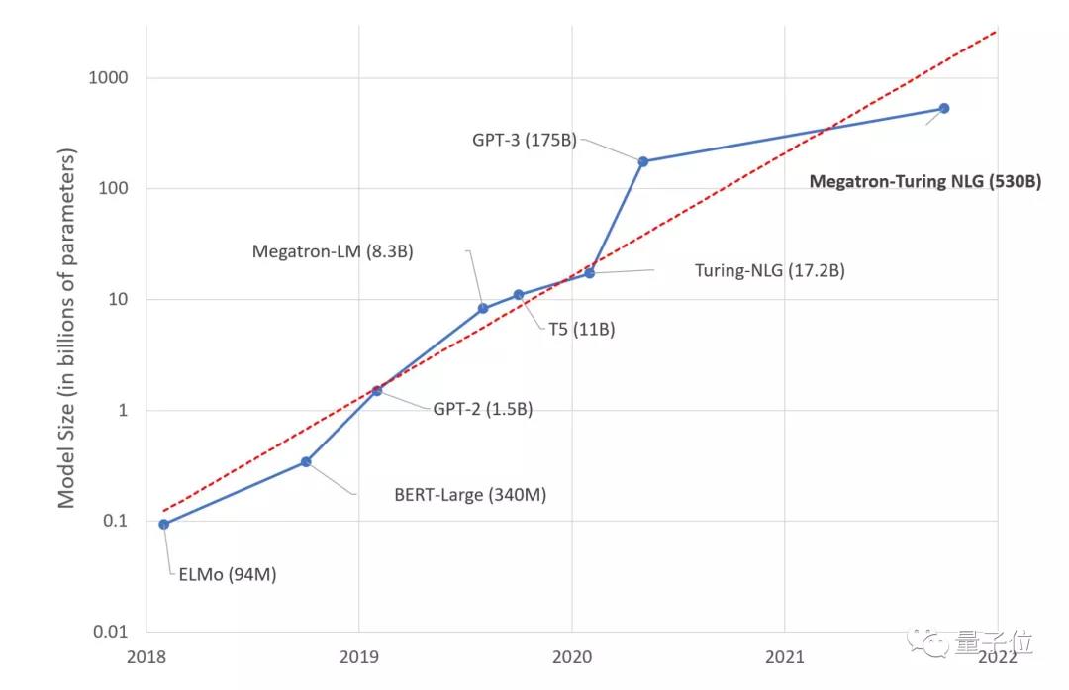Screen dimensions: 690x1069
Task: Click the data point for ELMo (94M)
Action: point(163,525)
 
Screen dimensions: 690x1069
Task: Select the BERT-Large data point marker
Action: point(306,462)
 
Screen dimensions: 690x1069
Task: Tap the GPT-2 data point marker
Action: point(377,390)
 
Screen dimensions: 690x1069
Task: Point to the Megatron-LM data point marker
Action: point(483,309)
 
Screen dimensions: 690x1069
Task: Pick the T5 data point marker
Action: point(519,295)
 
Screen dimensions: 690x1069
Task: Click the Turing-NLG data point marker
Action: point(590,272)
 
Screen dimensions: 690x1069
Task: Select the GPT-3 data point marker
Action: point(643,161)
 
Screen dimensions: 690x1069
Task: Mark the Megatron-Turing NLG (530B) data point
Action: point(944,108)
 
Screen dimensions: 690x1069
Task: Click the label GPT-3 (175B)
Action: point(524,140)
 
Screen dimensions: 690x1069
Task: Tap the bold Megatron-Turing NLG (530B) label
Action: point(924,182)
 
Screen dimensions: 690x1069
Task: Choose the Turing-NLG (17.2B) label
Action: point(769,270)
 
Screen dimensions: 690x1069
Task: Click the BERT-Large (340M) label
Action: point(470,494)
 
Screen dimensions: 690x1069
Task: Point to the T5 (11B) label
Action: point(582,329)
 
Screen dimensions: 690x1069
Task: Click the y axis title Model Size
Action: point(67,327)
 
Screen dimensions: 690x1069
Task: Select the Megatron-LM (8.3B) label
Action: point(333,251)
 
